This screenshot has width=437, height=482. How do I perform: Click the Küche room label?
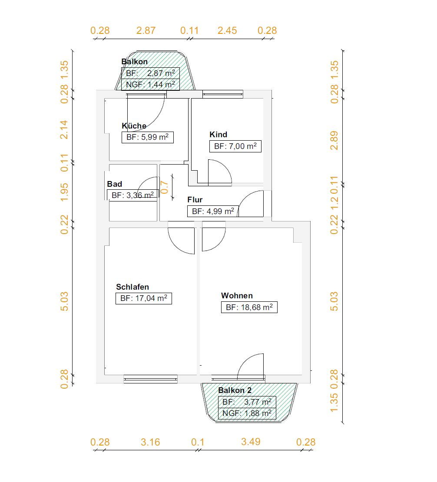click(x=134, y=126)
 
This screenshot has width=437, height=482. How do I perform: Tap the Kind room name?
click(x=218, y=134)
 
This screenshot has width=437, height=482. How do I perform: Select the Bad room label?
click(x=114, y=184)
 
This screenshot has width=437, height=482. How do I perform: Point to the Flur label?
click(x=195, y=199)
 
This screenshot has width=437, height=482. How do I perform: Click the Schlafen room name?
click(x=132, y=287)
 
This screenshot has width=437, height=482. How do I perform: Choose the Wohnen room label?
click(x=237, y=295)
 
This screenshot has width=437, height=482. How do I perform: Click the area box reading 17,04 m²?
click(x=144, y=298)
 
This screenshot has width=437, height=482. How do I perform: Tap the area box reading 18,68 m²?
click(x=249, y=307)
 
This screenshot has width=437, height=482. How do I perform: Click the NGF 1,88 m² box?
click(x=247, y=413)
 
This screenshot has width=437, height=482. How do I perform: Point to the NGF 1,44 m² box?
click(x=150, y=84)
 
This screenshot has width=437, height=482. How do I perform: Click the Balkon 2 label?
click(x=235, y=390)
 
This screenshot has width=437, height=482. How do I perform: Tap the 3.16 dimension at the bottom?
click(x=150, y=442)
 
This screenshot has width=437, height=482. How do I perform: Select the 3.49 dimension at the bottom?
click(x=251, y=442)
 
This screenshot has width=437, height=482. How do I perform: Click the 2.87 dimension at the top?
click(x=146, y=30)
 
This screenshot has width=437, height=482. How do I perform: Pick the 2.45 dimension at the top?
click(x=227, y=30)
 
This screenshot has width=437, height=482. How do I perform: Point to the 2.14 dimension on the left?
click(x=64, y=130)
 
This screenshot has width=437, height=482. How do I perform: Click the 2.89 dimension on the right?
click(x=334, y=141)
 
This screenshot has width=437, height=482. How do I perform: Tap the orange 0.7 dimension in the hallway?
click(x=165, y=187)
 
